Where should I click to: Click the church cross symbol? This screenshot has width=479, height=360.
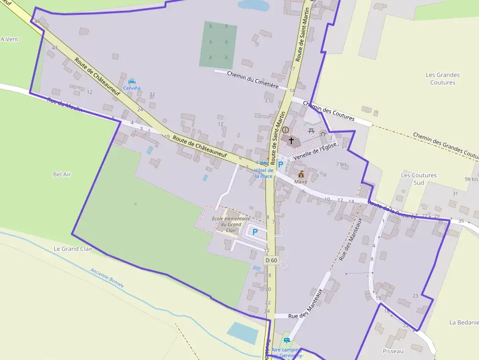(292, 141)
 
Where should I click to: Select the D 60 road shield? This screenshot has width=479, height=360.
(271, 260)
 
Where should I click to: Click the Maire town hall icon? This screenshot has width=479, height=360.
(301, 174)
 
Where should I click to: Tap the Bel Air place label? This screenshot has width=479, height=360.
(62, 174)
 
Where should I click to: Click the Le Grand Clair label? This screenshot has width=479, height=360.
(73, 249)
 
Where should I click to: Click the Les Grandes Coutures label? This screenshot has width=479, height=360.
(443, 79)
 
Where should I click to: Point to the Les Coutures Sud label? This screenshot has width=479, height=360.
(412, 179)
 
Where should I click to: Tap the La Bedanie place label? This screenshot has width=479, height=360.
(464, 322)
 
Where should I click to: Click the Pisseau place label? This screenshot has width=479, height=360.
(394, 351)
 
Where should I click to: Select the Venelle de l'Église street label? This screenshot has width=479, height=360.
(315, 152)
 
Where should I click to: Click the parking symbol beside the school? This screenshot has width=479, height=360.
(255, 232)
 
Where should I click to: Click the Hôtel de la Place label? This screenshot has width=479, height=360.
(263, 173)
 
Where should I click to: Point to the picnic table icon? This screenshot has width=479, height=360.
(311, 130)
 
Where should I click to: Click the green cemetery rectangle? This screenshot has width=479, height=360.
(218, 44)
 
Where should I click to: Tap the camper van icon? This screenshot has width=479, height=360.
(287, 340)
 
